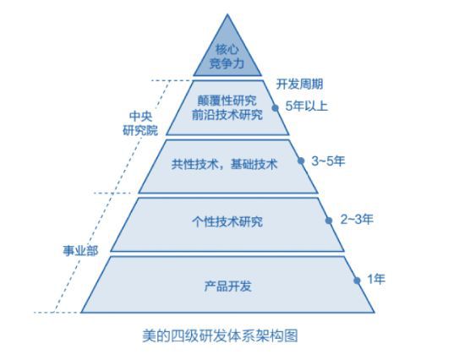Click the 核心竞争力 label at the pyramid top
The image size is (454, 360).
pos(227,57)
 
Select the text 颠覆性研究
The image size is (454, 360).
pos(227,101)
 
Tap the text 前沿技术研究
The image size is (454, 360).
pos(227,115)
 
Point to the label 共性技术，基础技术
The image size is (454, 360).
pos(224,165)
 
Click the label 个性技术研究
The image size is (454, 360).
pos(227,222)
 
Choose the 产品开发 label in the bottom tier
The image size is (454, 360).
pos(228,286)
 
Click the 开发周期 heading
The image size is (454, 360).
pos(299,85)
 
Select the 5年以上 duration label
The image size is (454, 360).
pos(307,106)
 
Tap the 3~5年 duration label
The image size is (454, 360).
pos(328,161)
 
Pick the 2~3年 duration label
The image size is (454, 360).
pos(357,220)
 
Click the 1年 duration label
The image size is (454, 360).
pos(376,279)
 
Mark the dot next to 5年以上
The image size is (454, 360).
pos(275,108)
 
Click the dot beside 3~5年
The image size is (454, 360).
pos(301,161)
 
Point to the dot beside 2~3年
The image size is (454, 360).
pos(329,221)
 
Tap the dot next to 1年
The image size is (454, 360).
pos(357,281)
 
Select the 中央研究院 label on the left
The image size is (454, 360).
pos(140,123)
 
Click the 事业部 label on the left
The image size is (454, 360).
pos(80,251)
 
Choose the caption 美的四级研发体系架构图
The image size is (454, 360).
pos(220,335)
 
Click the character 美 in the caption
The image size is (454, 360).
pos(149,335)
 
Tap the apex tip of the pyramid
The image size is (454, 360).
pos(227,14)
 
